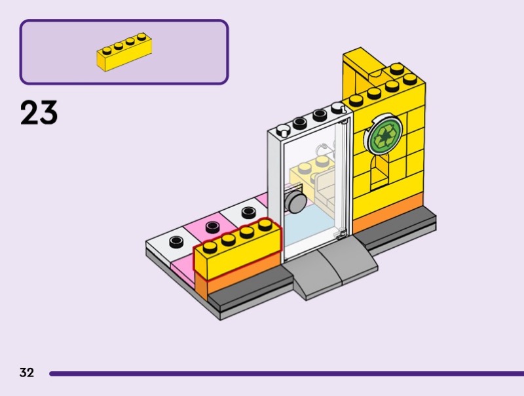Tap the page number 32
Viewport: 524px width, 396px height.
click(x=26, y=373)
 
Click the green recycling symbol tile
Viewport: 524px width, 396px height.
click(x=384, y=137)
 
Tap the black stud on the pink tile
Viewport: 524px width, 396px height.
click(x=212, y=227)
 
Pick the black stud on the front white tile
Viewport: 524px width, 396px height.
click(x=176, y=241)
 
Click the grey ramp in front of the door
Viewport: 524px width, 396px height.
click(x=335, y=265)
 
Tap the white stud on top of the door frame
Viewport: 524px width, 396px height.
click(x=283, y=128)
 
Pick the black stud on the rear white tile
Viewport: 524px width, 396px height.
click(x=249, y=212)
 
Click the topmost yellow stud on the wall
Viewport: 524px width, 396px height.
click(x=396, y=68)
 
